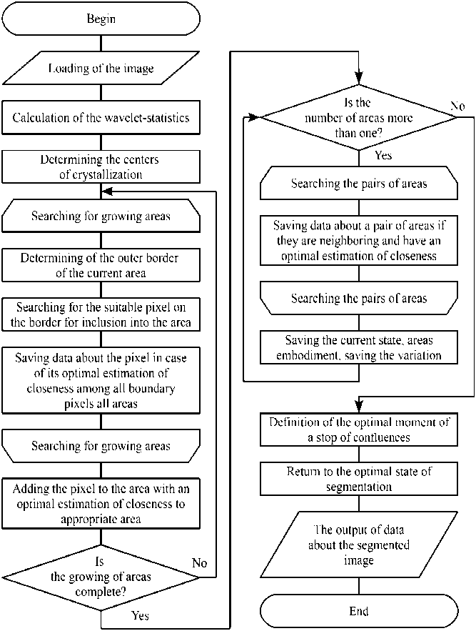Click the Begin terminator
point(101,19)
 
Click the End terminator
point(358,611)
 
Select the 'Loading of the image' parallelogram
point(101,69)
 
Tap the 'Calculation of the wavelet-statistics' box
point(101,117)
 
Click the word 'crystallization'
point(101,175)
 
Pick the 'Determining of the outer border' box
point(101,265)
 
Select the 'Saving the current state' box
point(358,347)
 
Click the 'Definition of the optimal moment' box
point(358,429)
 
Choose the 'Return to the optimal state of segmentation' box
point(358,479)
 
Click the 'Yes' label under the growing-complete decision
point(141,615)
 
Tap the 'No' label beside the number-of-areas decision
point(458,106)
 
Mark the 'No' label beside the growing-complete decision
point(200,564)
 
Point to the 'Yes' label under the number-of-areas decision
point(383,154)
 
